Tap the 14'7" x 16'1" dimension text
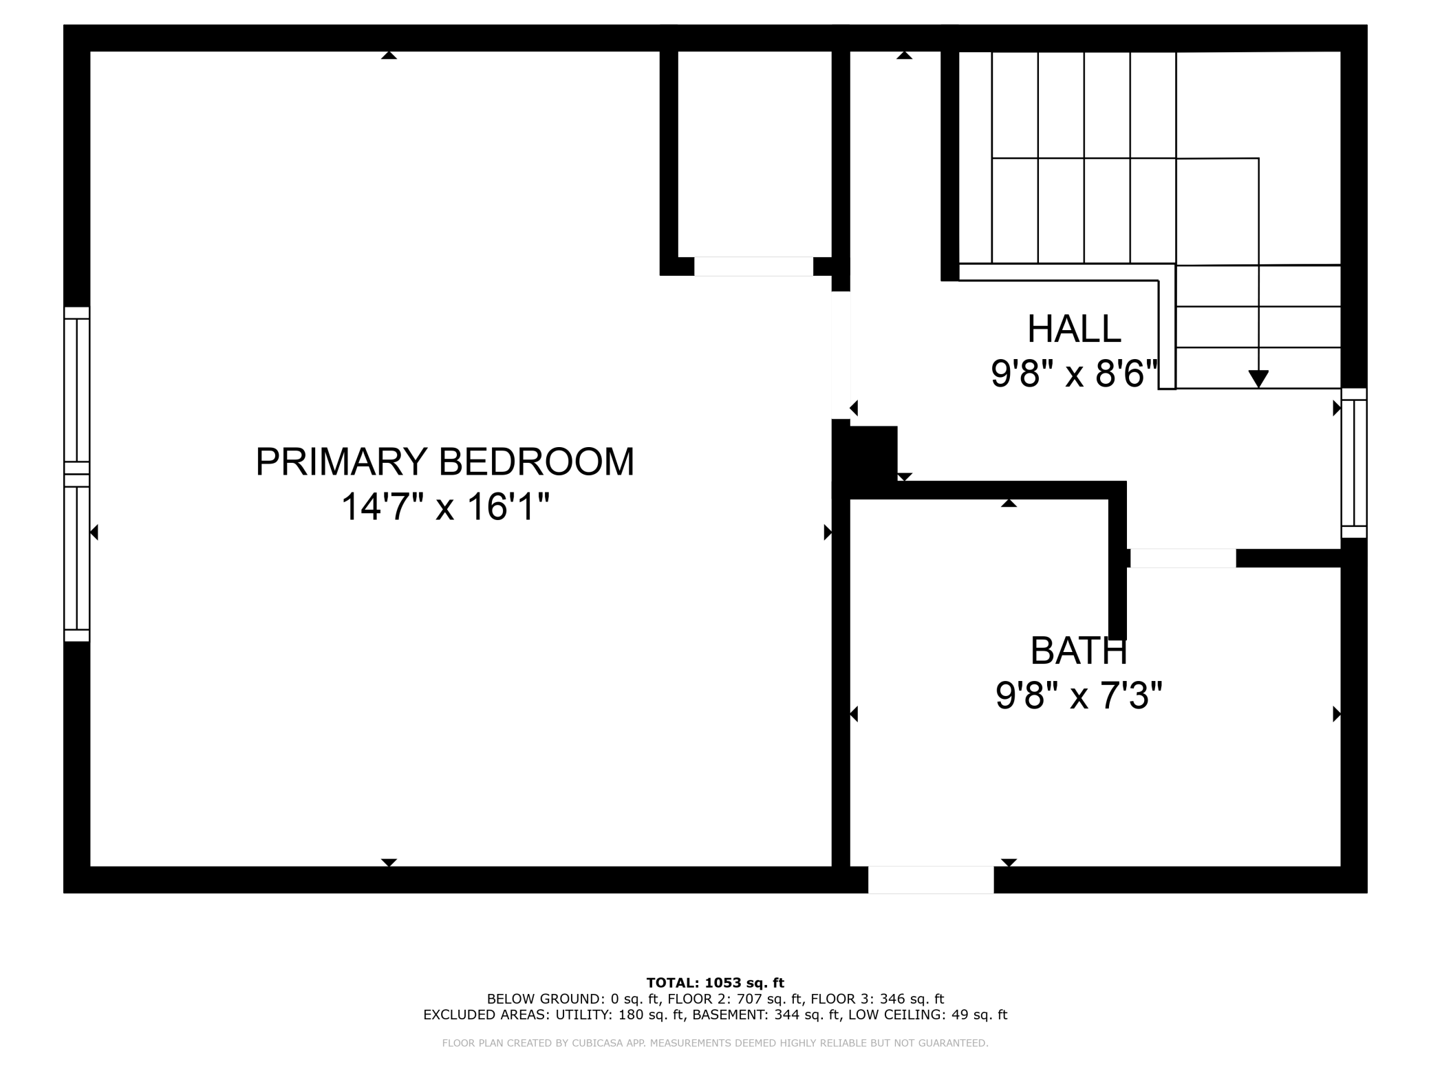tap(445, 507)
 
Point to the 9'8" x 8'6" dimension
tap(1075, 374)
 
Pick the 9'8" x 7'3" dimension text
tap(1079, 695)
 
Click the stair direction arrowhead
tap(1258, 379)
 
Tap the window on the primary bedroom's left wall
tap(77, 474)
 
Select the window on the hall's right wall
tap(1354, 463)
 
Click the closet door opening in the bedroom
tap(753, 266)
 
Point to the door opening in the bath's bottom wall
tap(931, 880)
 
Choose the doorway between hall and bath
tap(1183, 558)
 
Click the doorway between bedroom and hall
tap(841, 355)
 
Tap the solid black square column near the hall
tap(865, 453)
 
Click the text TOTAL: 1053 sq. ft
tap(715, 983)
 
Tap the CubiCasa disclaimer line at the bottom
tap(715, 1043)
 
